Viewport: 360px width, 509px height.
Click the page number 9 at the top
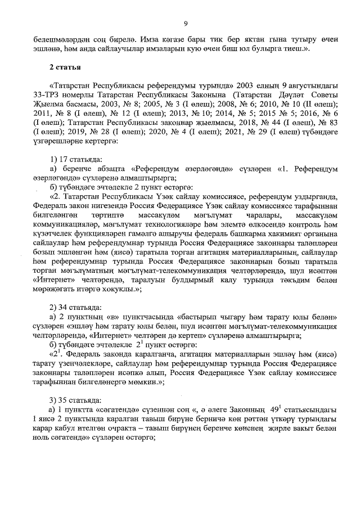[184, 23]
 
